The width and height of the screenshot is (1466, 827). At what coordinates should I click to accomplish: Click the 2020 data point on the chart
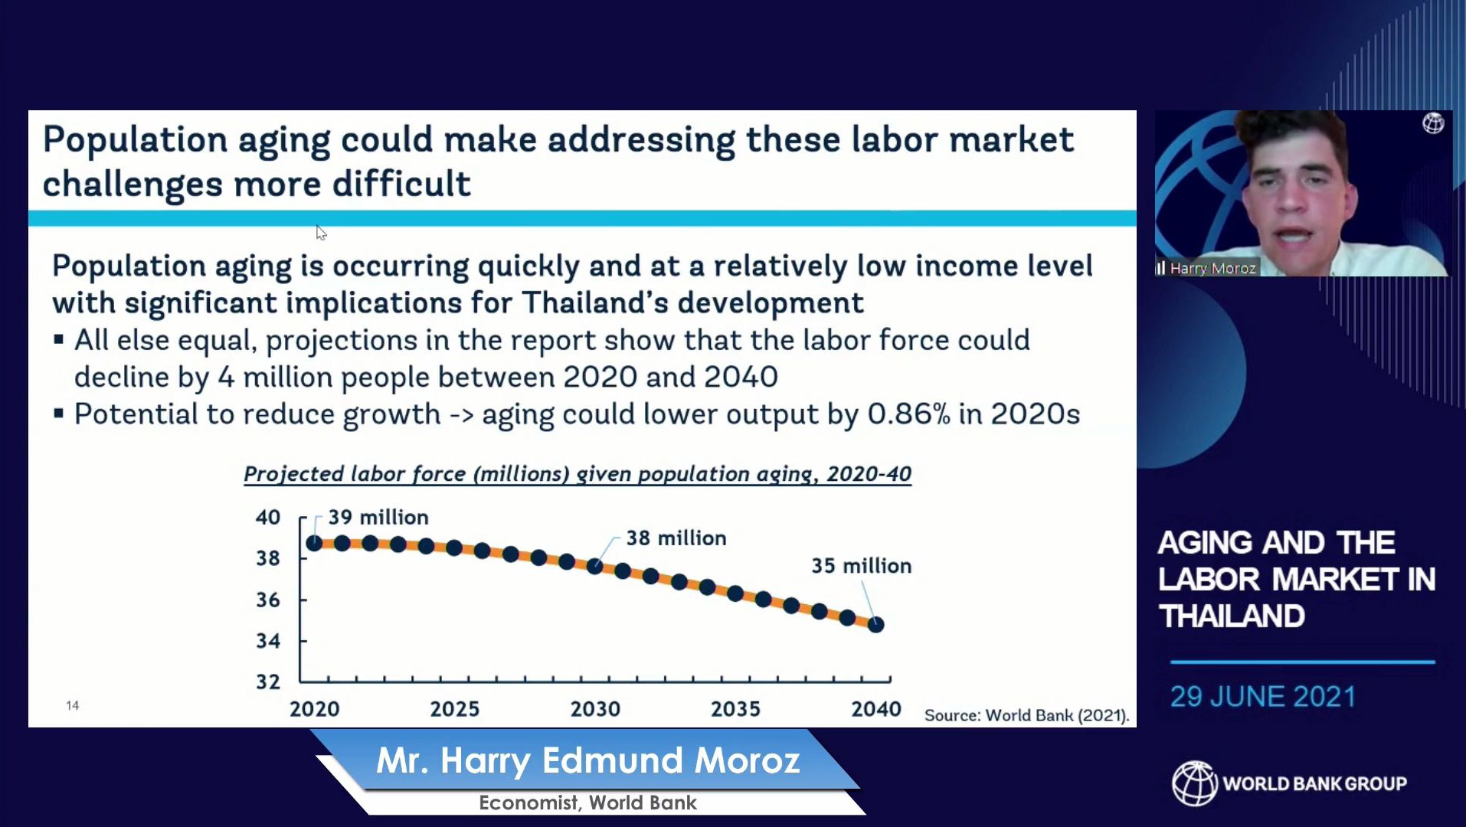314,543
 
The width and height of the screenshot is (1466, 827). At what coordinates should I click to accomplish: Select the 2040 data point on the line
877,625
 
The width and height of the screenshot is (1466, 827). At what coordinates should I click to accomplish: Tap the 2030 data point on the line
595,567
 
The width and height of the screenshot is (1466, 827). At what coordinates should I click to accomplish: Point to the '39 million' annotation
378,518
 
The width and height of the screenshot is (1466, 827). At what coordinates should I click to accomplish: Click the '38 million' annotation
676,538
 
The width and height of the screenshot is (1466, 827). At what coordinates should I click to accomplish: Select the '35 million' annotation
862,566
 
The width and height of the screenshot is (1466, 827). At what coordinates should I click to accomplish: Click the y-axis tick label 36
268,600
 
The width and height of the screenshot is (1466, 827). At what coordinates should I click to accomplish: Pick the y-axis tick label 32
268,682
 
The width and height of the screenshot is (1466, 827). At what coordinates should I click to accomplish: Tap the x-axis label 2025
455,709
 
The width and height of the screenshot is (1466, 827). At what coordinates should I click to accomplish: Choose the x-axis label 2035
735,709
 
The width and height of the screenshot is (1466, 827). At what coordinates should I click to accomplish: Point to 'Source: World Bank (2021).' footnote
1027,715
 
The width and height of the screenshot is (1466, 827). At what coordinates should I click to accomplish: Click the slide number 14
73,705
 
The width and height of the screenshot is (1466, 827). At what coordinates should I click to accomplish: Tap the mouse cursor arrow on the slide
321,233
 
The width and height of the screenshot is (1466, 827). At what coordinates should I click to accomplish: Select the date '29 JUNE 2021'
1263,697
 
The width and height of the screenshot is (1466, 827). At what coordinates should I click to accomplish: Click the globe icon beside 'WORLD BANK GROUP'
1194,783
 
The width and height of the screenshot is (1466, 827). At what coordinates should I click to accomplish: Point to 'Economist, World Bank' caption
588,802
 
